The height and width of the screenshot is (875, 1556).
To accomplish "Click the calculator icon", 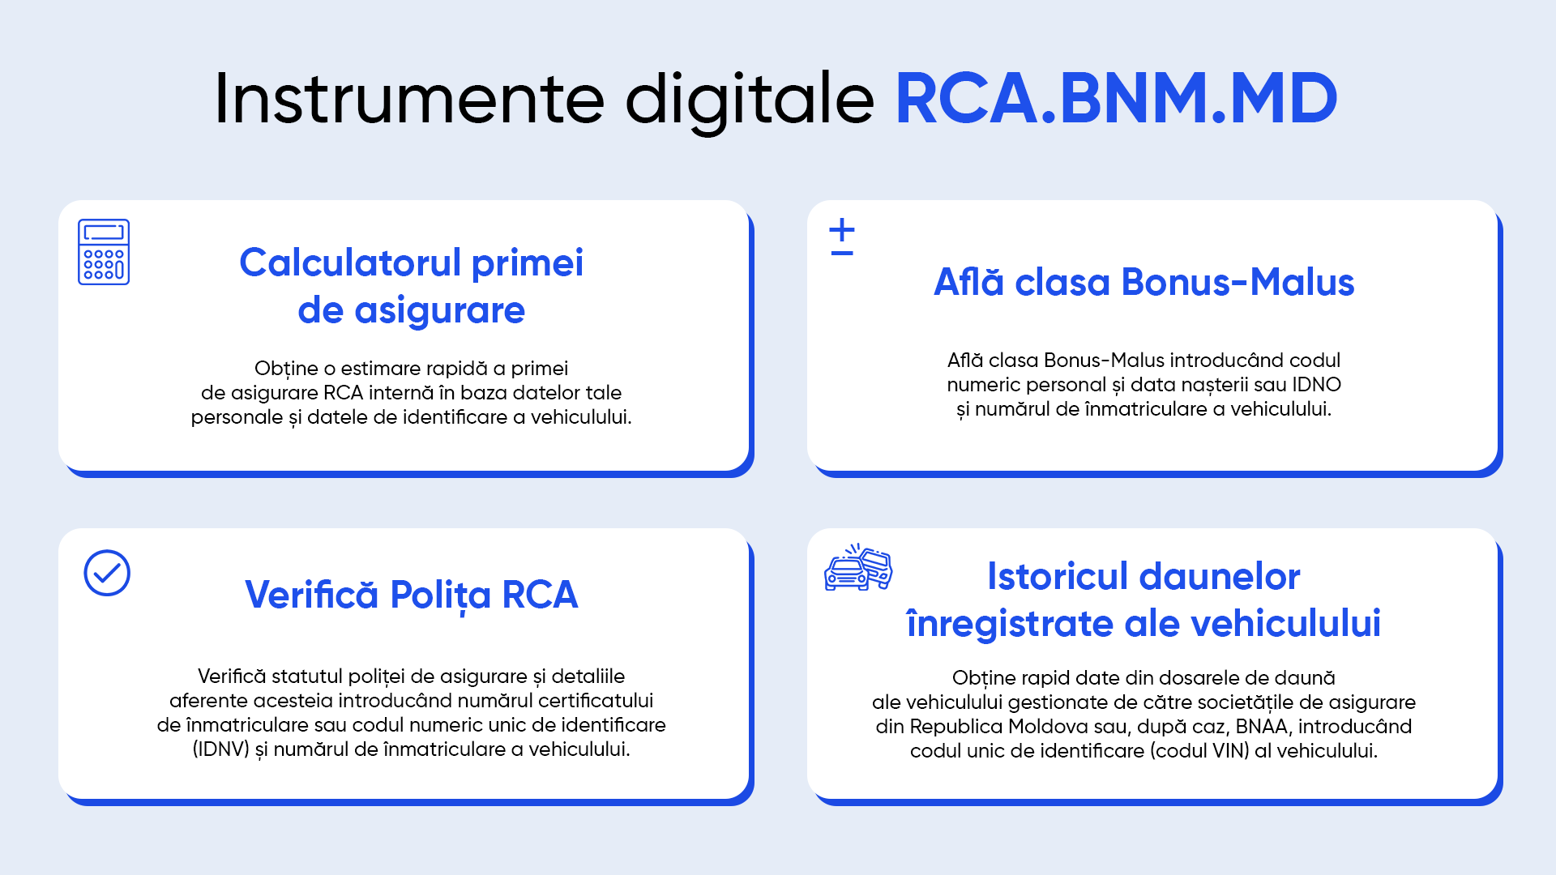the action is coord(104,252).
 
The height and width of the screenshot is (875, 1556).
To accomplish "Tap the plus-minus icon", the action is coord(842,237).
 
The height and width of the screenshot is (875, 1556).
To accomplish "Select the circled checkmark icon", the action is coord(107,573).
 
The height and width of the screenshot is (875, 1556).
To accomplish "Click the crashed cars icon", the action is coord(858,567).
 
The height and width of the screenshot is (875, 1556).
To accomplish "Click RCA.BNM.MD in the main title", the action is coord(1116,98).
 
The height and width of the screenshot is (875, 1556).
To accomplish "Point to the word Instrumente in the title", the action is coord(410,98).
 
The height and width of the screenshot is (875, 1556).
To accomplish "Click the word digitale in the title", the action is coord(750,100).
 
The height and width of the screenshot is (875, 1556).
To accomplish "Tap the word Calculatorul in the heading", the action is coord(350,262).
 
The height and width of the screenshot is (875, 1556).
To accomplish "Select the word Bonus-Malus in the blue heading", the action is coord(1238,282).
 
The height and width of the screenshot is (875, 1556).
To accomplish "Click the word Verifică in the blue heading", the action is coord(312,595).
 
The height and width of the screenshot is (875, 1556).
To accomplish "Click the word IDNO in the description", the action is coord(1316,384).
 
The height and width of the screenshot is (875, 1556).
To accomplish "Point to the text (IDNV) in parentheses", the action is coord(220,749).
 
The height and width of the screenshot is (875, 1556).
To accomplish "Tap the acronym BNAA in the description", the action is coord(1261,726).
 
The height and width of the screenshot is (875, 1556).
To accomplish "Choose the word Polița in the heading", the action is coord(440,596).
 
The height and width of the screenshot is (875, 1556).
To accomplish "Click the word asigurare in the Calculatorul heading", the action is coord(440,311).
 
